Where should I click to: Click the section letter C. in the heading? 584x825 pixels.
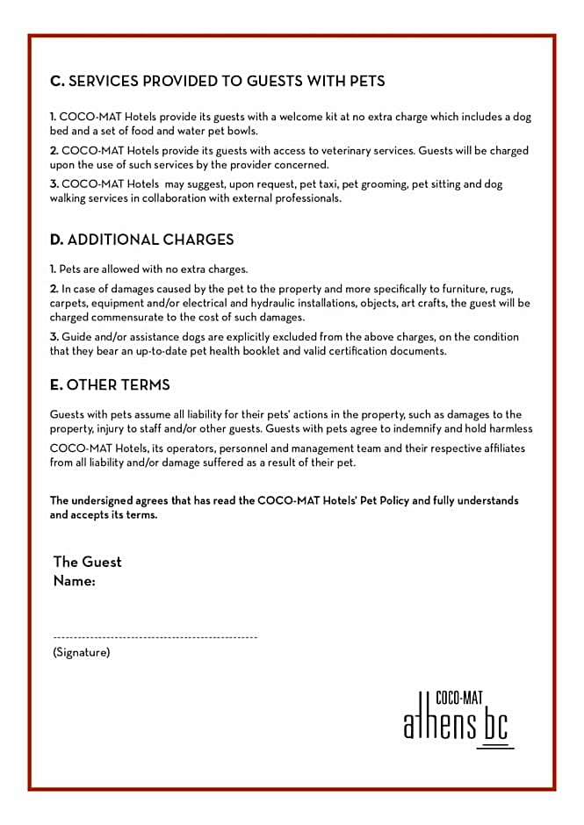point(57,82)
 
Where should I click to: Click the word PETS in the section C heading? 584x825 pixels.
point(361,82)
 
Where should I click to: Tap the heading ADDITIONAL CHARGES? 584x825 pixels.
point(150,240)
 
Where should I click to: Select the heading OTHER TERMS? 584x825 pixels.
point(119,385)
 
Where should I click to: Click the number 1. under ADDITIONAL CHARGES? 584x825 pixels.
point(53,269)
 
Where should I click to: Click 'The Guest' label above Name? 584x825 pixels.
point(88,562)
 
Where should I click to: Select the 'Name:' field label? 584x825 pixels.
point(74,581)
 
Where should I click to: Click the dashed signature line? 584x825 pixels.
point(155,636)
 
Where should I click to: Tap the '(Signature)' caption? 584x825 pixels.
point(81,652)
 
